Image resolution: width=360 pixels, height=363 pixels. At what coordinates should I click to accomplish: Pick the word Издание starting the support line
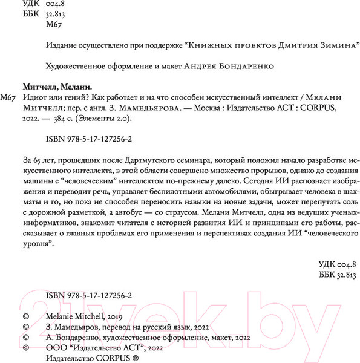pos(62,45)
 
